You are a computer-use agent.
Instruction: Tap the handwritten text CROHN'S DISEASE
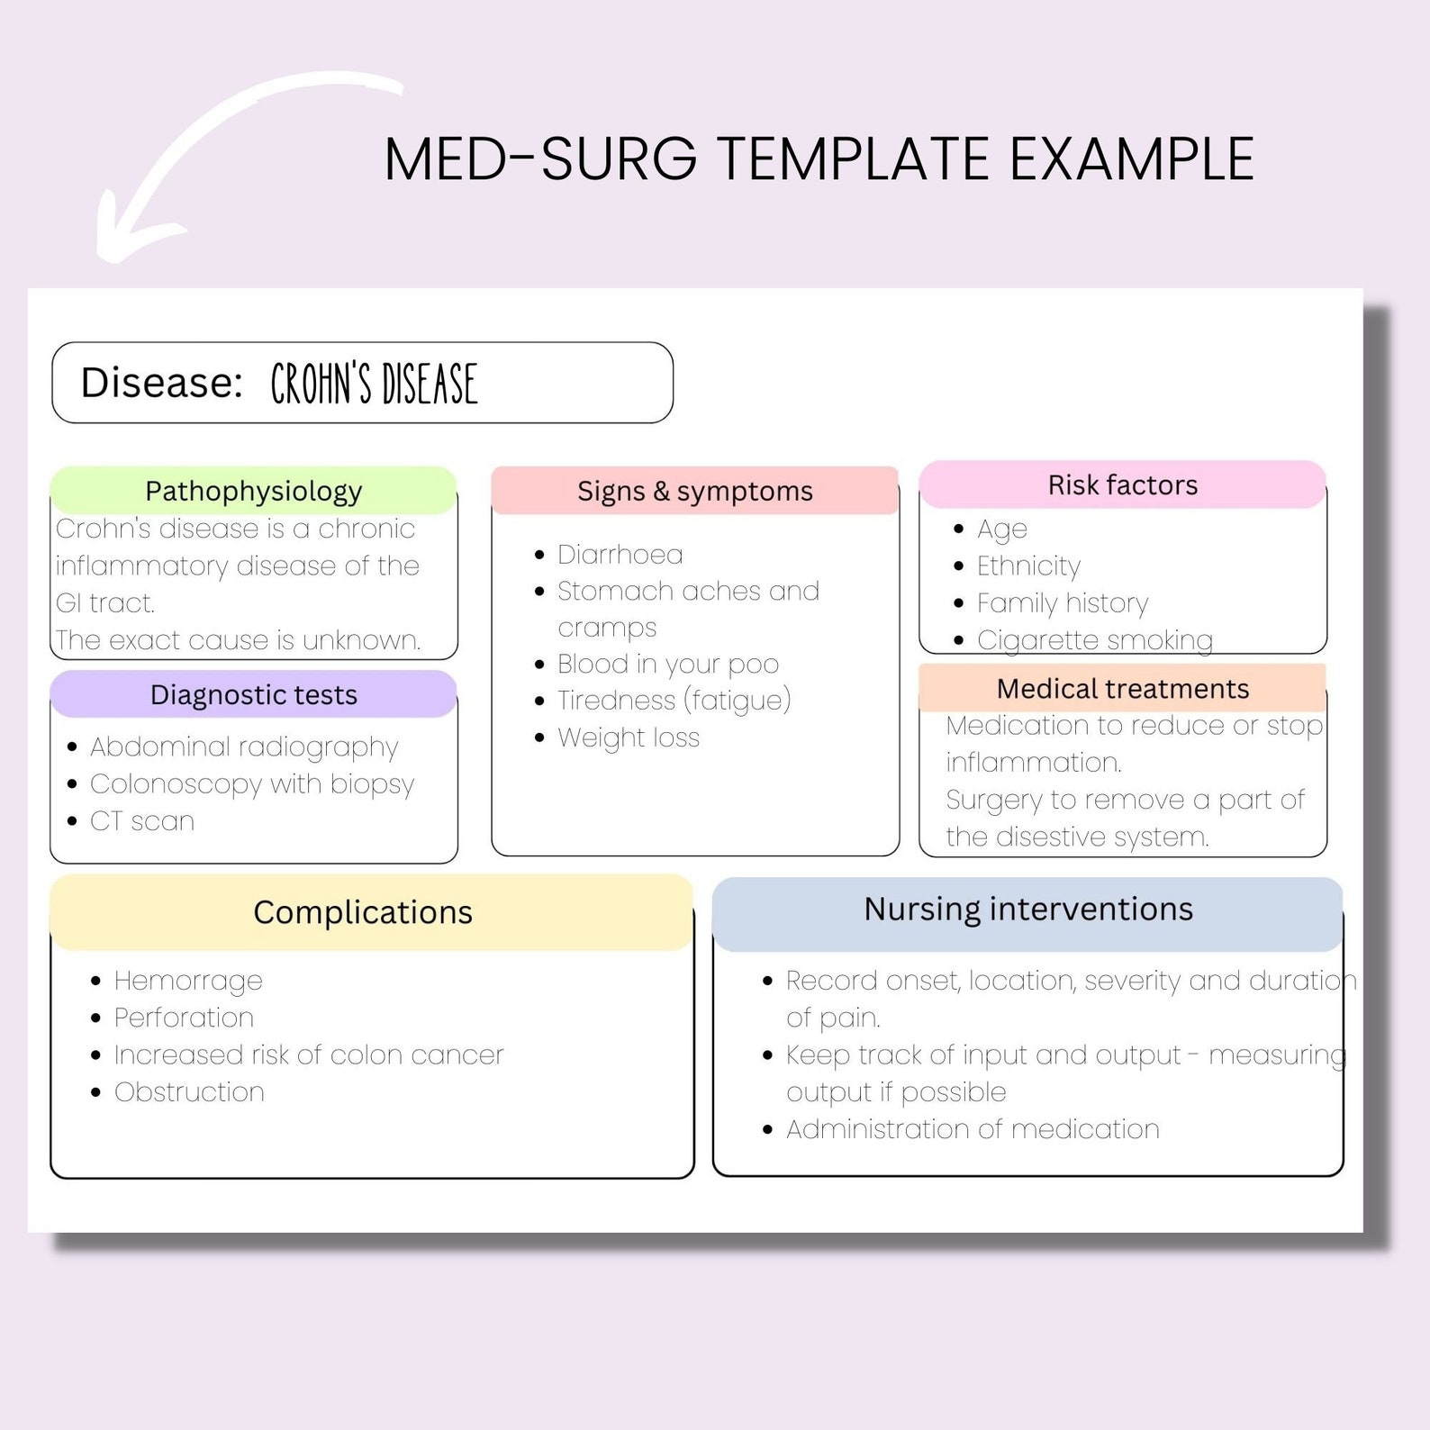pos(374,384)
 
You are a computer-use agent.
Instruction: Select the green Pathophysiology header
pos(254,491)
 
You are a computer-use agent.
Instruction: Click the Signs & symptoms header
pos(694,491)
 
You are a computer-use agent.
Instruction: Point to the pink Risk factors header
pos(1122,484)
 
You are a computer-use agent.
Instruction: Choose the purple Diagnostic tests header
pos(254,694)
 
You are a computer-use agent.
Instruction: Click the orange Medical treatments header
pos(1122,688)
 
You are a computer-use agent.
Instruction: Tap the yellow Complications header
pos(363,912)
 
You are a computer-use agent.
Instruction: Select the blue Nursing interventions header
pos(1027,910)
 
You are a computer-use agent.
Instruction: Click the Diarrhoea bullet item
pos(620,554)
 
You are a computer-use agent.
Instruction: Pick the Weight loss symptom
pos(628,738)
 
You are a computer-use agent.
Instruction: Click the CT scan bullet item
pos(141,821)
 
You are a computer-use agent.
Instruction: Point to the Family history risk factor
pos(1063,602)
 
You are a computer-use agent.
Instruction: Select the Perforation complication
pos(184,1018)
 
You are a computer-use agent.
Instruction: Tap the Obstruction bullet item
pos(189,1092)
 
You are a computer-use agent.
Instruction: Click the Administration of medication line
pos(973,1129)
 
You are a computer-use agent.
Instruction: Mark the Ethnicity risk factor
pos(1028,566)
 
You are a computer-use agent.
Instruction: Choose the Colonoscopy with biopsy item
pos(252,783)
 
